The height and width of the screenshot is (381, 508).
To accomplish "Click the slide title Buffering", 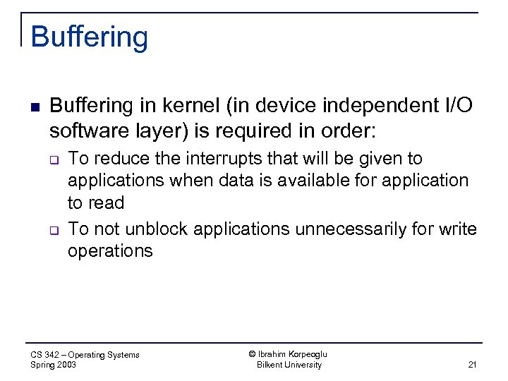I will [x=90, y=37].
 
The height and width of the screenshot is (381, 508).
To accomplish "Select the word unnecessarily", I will [x=361, y=229].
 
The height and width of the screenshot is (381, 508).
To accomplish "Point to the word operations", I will [x=110, y=251].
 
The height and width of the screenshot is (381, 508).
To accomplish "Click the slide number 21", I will [x=472, y=365].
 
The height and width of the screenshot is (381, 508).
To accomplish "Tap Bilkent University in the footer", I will [x=289, y=365].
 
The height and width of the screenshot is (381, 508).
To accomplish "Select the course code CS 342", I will [x=44, y=355].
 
